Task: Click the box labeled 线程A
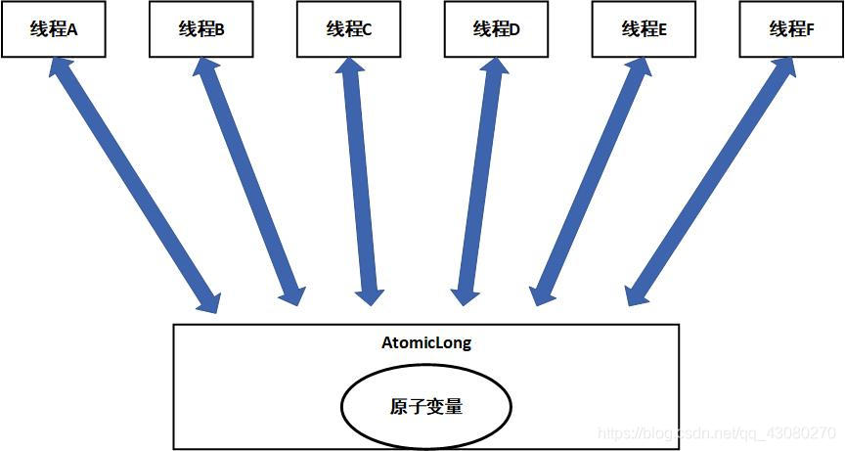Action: (54, 29)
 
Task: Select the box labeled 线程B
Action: (201, 29)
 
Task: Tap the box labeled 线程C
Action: (349, 29)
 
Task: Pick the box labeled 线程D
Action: (496, 29)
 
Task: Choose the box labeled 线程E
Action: (644, 29)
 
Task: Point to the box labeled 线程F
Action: (791, 29)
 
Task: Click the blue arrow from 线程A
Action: (134, 186)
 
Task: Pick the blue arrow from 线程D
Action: (479, 181)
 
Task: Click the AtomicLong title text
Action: (425, 343)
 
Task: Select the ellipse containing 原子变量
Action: (425, 406)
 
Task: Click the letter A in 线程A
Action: (72, 30)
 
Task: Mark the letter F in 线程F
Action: (810, 30)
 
